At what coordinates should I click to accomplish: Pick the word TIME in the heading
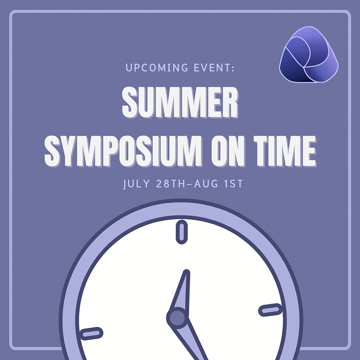[285, 151]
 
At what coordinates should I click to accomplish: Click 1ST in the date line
[233, 184]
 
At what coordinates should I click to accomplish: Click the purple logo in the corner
[309, 54]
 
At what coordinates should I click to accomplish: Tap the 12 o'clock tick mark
[182, 232]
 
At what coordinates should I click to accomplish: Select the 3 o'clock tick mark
[270, 310]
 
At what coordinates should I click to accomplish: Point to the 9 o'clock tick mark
[91, 334]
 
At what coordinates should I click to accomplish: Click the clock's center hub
[177, 318]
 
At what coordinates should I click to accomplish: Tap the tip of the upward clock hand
[187, 272]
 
